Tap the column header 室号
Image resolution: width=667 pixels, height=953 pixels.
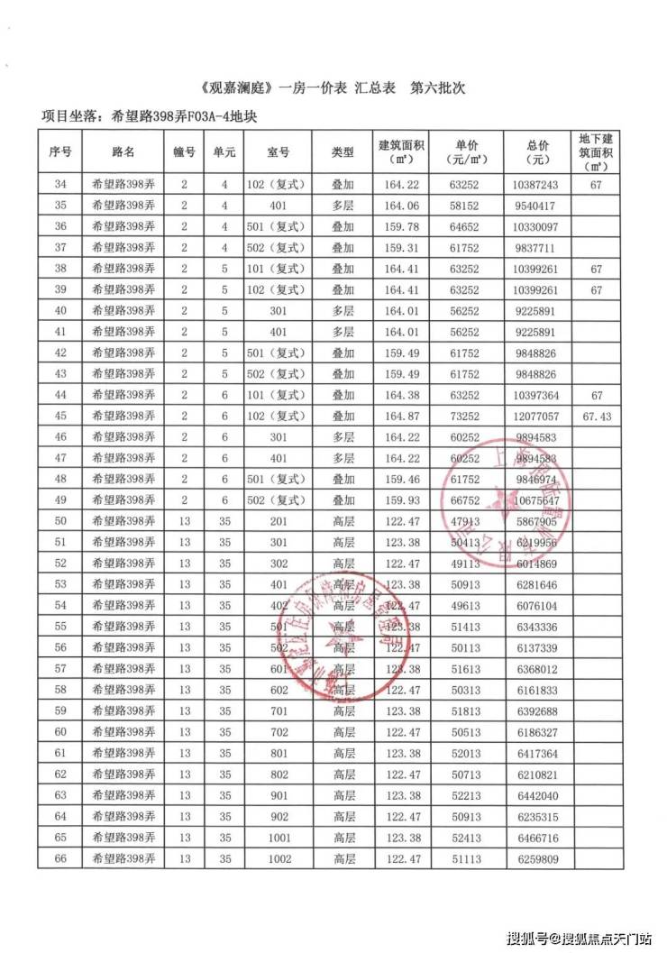pyautogui.click(x=279, y=152)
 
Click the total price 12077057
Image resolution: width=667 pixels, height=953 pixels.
pyautogui.click(x=540, y=417)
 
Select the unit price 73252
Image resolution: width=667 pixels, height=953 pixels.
pyautogui.click(x=465, y=417)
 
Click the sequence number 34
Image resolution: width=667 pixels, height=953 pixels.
pyautogui.click(x=60, y=185)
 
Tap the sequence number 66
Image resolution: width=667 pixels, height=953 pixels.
pyautogui.click(x=60, y=859)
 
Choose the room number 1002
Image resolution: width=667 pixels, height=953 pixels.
pyautogui.click(x=279, y=859)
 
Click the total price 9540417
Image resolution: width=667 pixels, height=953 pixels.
pyautogui.click(x=540, y=206)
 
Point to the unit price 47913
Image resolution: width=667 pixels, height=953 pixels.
pyautogui.click(x=465, y=520)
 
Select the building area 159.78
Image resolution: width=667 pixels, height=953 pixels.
pyautogui.click(x=402, y=226)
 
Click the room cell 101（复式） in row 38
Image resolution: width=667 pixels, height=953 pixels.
pyautogui.click(x=279, y=269)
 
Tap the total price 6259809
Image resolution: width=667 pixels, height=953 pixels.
pyautogui.click(x=540, y=859)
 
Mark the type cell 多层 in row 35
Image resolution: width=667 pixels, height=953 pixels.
pyautogui.click(x=343, y=206)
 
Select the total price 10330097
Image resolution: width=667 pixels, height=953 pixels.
pyautogui.click(x=540, y=226)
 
